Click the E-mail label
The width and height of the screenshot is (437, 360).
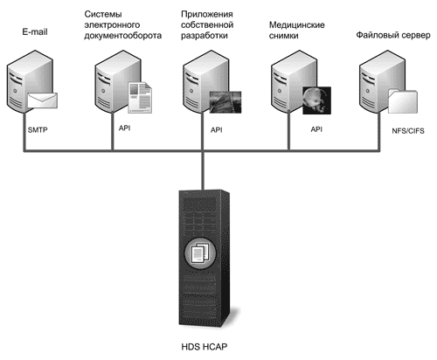click(x=35, y=32)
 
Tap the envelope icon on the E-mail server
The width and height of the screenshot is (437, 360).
click(x=42, y=100)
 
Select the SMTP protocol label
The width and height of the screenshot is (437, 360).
click(x=38, y=130)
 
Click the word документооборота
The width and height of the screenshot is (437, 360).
click(x=123, y=36)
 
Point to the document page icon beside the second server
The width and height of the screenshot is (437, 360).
click(x=141, y=98)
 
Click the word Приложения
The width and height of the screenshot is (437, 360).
click(x=207, y=14)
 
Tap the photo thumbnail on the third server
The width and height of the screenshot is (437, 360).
click(x=225, y=102)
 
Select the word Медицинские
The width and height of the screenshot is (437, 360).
click(x=296, y=25)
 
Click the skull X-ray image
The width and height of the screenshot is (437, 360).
click(x=316, y=100)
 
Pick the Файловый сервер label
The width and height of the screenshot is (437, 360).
click(x=393, y=35)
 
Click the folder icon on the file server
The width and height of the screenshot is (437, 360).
click(x=403, y=101)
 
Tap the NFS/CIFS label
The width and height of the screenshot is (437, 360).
click(x=408, y=131)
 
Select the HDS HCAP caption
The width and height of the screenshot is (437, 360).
click(x=204, y=347)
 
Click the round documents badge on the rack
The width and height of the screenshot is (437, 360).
click(x=200, y=253)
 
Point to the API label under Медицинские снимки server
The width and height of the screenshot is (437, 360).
click(x=316, y=129)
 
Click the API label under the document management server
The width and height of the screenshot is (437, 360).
click(x=124, y=128)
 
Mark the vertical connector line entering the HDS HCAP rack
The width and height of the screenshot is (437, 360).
click(x=203, y=170)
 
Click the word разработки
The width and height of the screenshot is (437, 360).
click(x=205, y=36)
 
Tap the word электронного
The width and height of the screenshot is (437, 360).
click(x=112, y=25)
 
